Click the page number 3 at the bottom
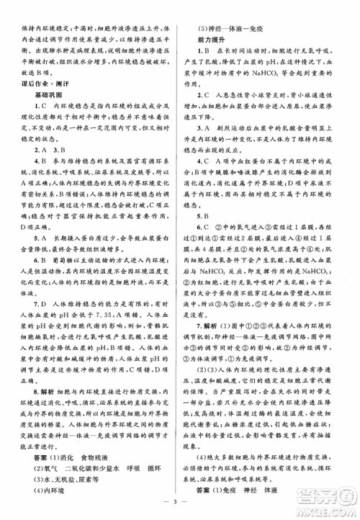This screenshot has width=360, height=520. (x=179, y=505)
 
